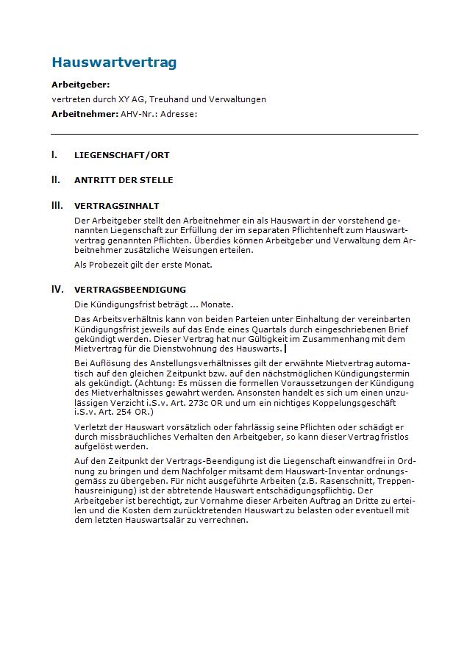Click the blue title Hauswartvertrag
[x=114, y=63]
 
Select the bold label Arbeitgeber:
[x=80, y=85]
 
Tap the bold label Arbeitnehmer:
[x=85, y=114]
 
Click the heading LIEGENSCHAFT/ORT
[x=121, y=156]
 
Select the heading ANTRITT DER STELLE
[x=124, y=180]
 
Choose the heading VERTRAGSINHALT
[x=116, y=206]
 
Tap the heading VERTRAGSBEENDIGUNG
[x=130, y=290]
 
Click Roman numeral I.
[x=54, y=155]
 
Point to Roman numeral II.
[x=55, y=179]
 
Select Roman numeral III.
[x=57, y=205]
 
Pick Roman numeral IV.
[x=57, y=289]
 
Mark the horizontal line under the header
[x=234, y=134]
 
